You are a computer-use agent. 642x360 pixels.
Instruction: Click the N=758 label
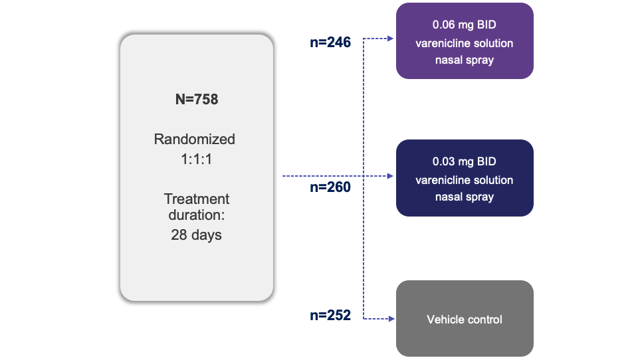tap(196, 100)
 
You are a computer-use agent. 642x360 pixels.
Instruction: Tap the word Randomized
tap(195, 139)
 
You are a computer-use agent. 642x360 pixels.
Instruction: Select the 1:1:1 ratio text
tap(195, 159)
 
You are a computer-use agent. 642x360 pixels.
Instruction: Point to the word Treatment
tap(196, 199)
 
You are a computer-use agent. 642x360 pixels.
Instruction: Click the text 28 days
tap(196, 234)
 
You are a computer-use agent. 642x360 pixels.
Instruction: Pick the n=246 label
tap(330, 43)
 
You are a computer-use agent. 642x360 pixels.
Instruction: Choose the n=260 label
tap(330, 187)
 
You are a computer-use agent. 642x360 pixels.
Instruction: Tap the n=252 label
tap(330, 315)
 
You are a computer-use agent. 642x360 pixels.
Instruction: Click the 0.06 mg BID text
tap(464, 25)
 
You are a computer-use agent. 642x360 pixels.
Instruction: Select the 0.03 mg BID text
tap(464, 162)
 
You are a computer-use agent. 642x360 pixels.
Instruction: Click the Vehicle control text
tap(464, 319)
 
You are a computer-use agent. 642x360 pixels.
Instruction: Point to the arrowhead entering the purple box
tap(391, 39)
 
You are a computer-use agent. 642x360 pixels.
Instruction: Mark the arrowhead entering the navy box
tap(391, 176)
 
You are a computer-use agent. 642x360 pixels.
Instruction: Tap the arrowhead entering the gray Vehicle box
tap(391, 319)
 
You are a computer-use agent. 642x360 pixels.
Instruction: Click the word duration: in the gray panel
tap(196, 216)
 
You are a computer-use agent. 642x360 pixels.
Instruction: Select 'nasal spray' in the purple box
tap(464, 60)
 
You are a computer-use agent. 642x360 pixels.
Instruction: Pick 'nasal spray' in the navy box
tap(464, 197)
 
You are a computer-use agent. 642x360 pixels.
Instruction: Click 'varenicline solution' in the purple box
tap(464, 43)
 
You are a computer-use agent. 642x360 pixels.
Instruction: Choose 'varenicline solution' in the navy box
tap(464, 180)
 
